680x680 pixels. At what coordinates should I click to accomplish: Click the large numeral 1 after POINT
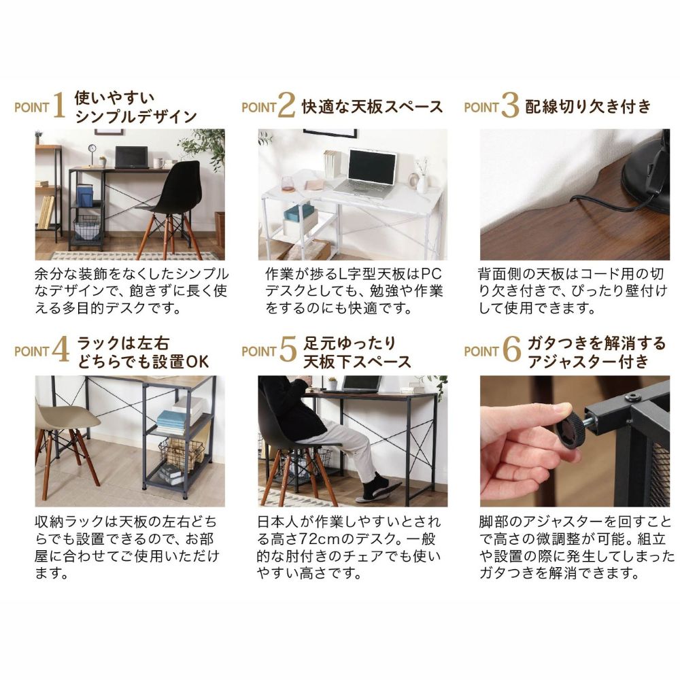59,105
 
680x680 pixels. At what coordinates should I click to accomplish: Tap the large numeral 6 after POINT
511,349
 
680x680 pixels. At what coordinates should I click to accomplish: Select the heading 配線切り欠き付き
588,106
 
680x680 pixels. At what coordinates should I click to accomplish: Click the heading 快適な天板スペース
372,107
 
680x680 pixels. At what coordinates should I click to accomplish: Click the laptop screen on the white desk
372,167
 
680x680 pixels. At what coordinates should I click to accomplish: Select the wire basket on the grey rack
181,454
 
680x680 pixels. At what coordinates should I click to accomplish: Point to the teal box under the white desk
299,212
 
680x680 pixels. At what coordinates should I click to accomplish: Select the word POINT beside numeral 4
32,352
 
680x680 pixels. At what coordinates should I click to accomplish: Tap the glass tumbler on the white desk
288,184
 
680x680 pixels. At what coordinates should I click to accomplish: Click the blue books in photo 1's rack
85,194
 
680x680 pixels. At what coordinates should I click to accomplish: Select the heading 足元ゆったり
349,343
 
